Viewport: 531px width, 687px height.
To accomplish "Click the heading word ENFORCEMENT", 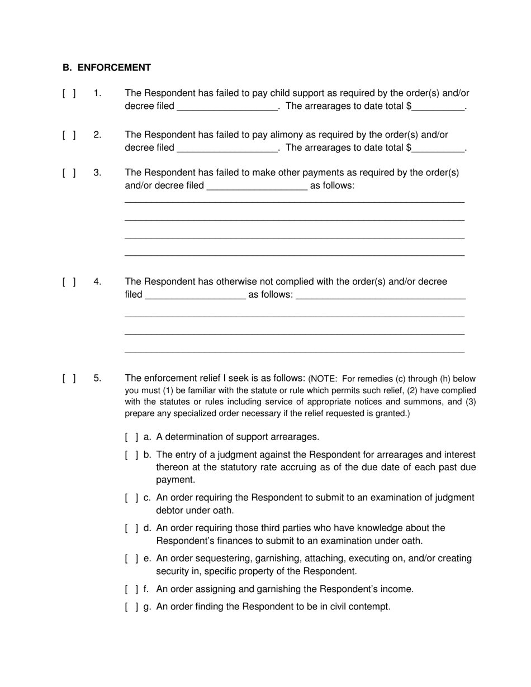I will point(114,68).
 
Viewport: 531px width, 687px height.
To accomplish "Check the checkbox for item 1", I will point(69,93).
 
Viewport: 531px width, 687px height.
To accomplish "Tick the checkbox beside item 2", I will point(69,135).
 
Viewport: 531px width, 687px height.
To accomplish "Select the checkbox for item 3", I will point(69,173).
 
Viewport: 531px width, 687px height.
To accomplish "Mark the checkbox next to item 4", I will point(69,282).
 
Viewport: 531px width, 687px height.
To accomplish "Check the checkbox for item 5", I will point(69,379).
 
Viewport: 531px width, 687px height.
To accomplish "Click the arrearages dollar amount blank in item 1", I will point(439,107).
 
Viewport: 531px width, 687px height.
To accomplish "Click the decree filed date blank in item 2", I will point(227,149).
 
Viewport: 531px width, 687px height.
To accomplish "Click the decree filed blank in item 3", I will point(257,186).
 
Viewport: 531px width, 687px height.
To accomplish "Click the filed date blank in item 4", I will point(195,295).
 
